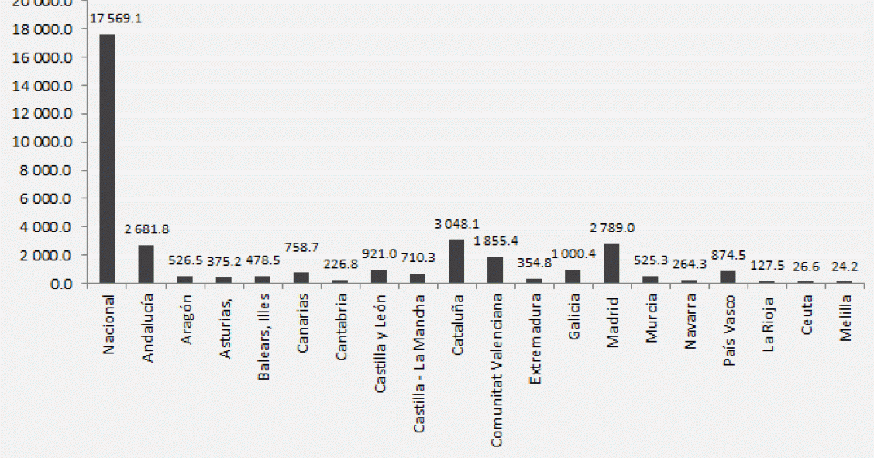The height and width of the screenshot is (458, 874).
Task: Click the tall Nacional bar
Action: [107, 159]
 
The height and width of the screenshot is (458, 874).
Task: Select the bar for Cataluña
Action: [456, 262]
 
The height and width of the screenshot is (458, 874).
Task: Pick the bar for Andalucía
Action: [146, 264]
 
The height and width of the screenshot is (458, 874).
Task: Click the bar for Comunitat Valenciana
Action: [495, 270]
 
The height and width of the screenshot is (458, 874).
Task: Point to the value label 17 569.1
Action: [116, 19]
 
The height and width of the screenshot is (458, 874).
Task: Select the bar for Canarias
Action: [301, 277]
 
